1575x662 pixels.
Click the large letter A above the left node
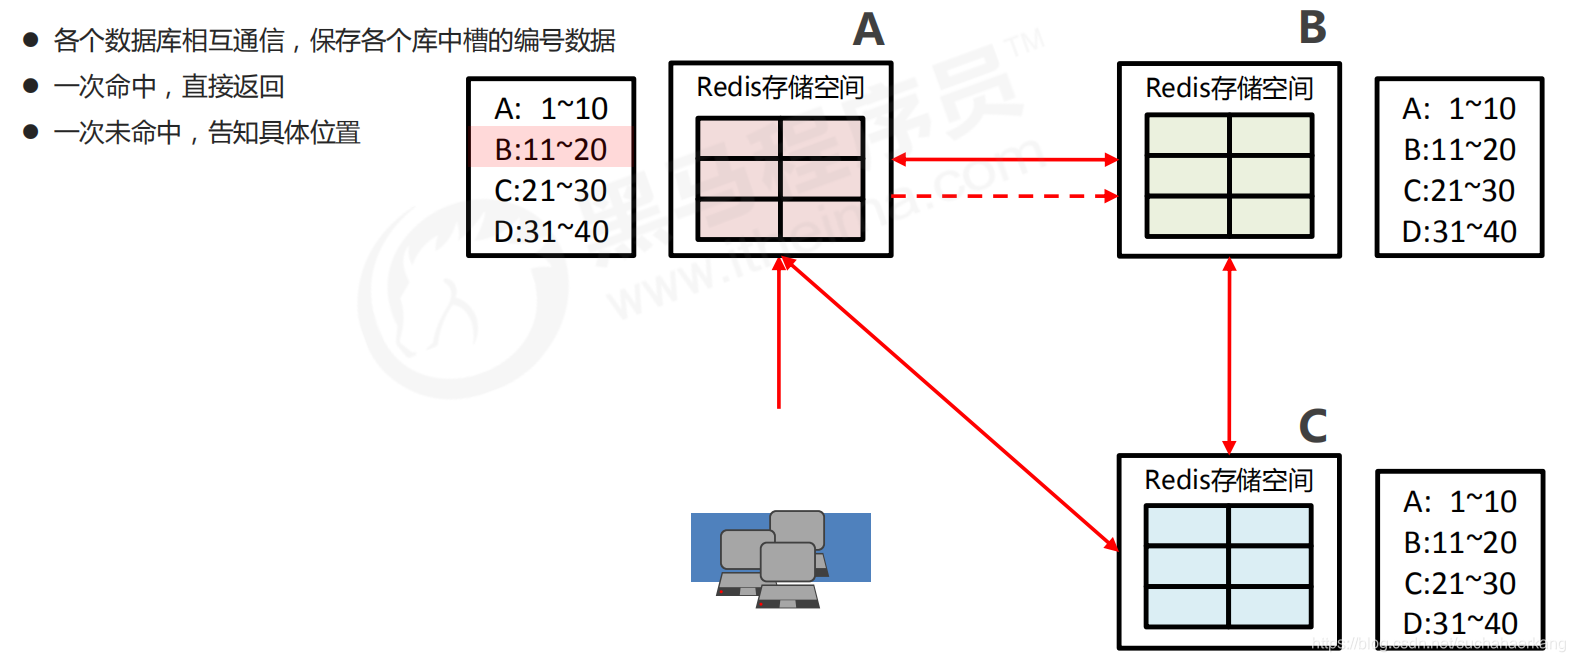tap(868, 30)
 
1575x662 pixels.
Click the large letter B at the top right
tap(1312, 28)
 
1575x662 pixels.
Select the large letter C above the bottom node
tap(1312, 426)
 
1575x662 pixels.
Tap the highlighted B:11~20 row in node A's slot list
tap(551, 149)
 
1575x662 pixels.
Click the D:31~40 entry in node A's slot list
tap(551, 231)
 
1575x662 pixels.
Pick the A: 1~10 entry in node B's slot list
tap(1459, 108)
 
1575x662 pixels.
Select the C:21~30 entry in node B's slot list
tap(1459, 190)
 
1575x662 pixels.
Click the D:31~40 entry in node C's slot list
tap(1460, 623)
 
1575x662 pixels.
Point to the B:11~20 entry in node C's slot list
tap(1460, 542)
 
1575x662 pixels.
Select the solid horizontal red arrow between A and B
tap(1004, 159)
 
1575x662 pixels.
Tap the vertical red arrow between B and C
tap(1229, 355)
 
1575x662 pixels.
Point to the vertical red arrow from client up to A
tap(779, 335)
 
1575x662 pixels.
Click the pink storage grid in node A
tap(780, 178)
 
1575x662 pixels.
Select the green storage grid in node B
tap(1229, 175)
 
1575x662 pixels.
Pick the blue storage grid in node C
tap(1228, 566)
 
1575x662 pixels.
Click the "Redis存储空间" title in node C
tap(1228, 480)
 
